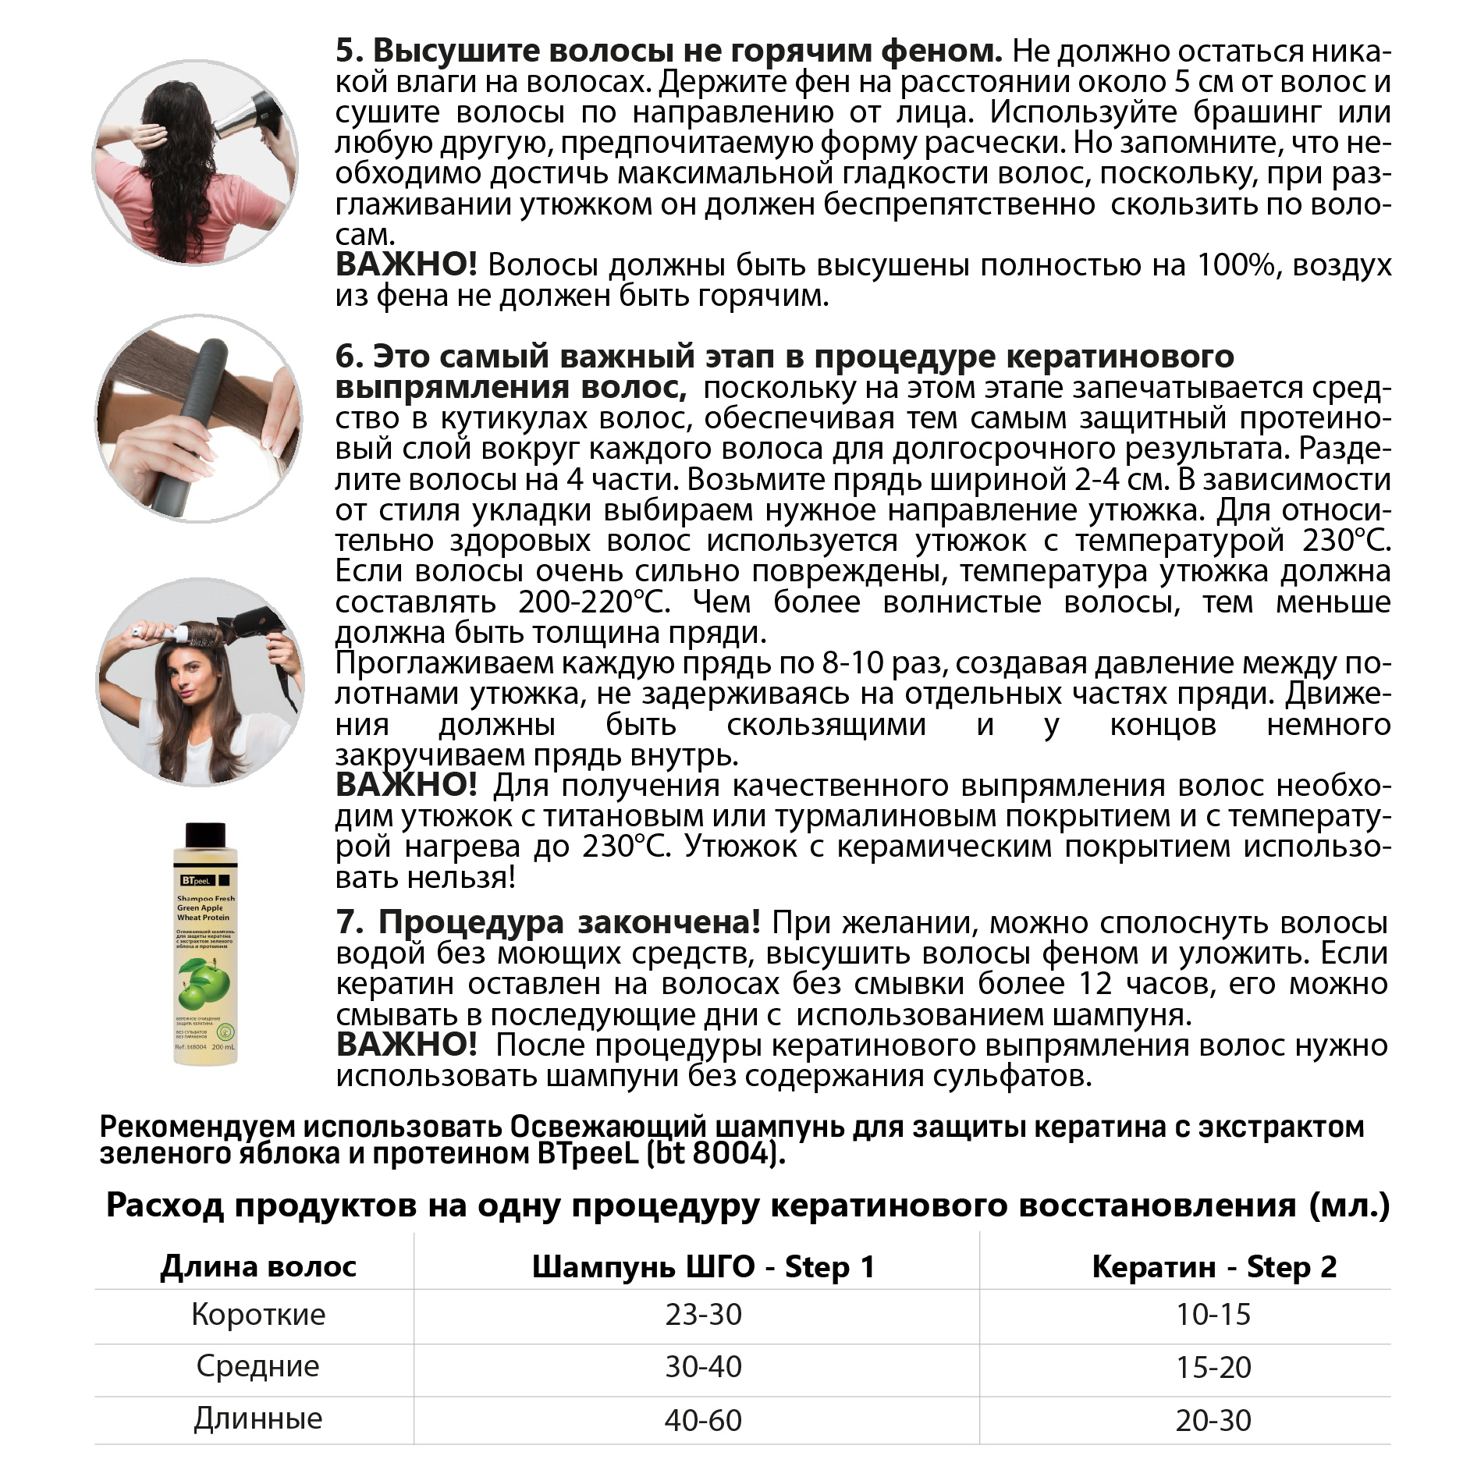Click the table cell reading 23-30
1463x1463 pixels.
(x=703, y=1314)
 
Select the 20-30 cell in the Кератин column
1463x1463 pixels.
(x=1213, y=1420)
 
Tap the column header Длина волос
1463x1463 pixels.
(x=258, y=1266)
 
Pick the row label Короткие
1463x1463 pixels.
(x=258, y=1314)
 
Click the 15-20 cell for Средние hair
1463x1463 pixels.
(x=1213, y=1367)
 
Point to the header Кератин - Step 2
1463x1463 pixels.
(x=1213, y=1266)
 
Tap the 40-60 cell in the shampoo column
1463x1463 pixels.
(x=703, y=1420)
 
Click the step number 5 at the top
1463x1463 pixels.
(x=349, y=51)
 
